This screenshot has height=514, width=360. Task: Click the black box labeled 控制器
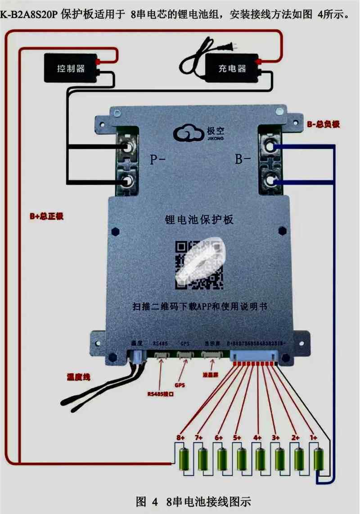71,68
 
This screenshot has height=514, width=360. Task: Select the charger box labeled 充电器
232,68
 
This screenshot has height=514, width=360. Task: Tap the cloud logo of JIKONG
185,133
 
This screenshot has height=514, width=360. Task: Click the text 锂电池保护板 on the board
198,220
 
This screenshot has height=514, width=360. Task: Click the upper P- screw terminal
127,147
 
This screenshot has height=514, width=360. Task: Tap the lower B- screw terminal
270,181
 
